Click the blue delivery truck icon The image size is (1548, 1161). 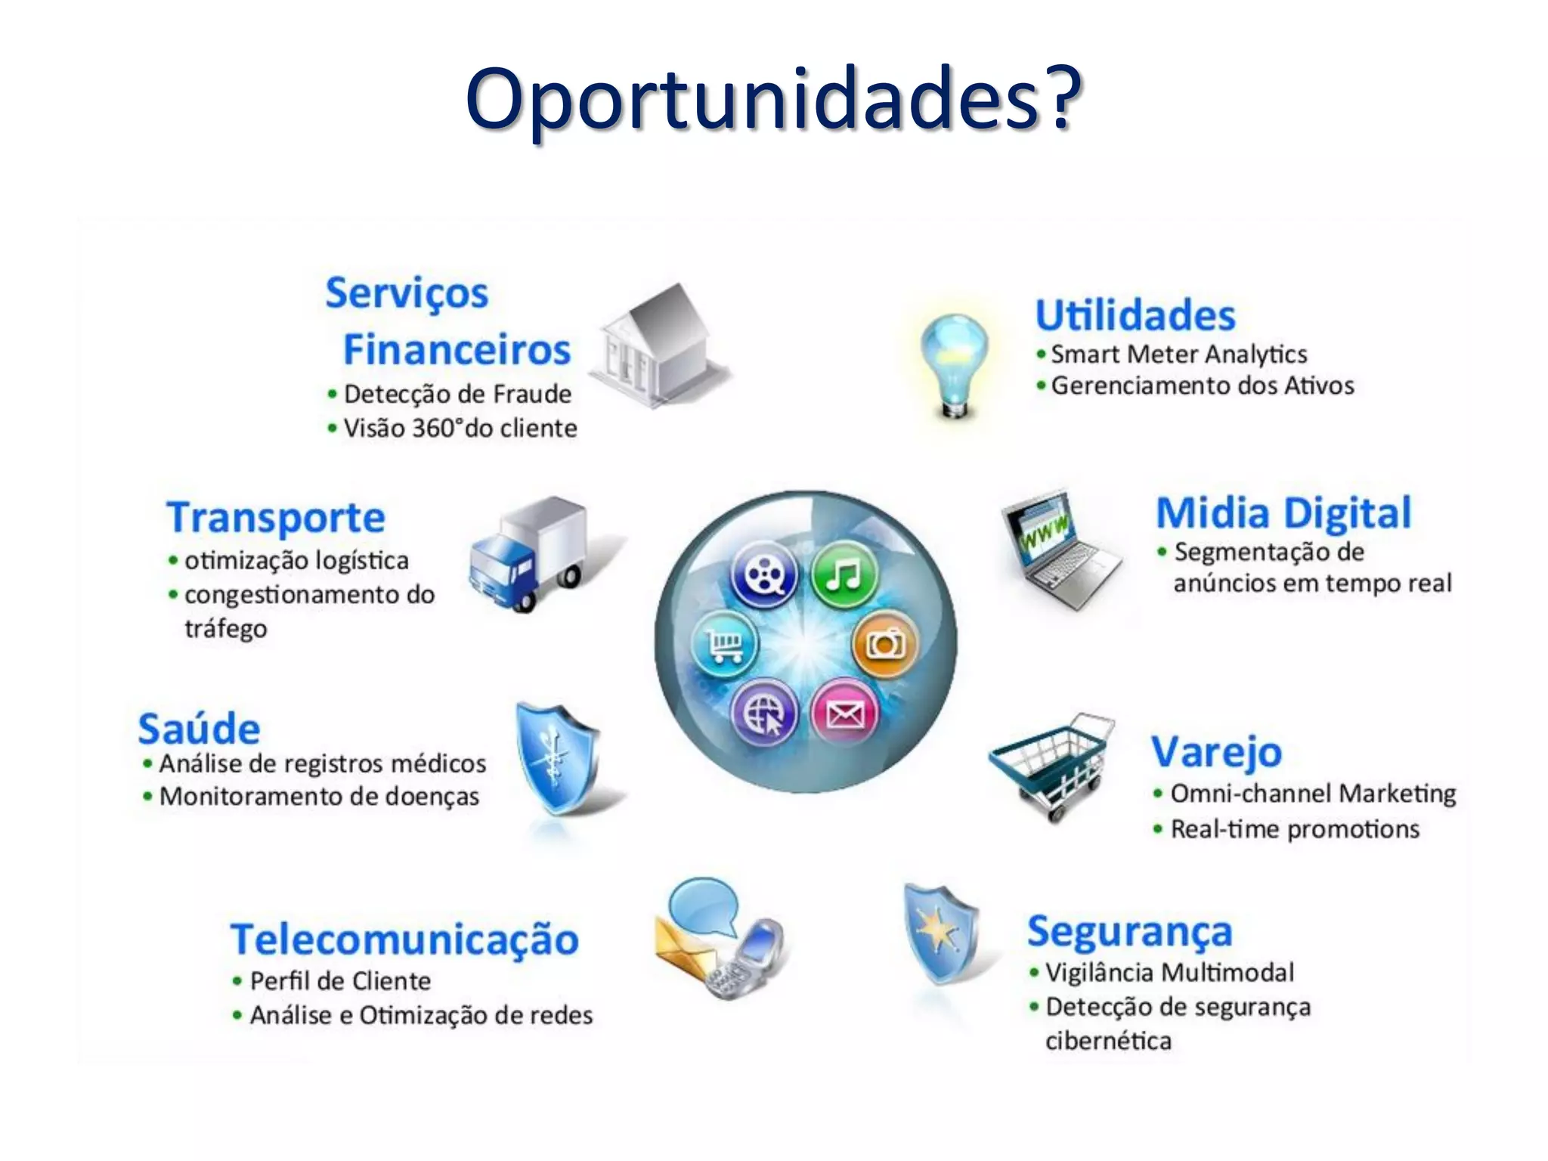click(x=529, y=552)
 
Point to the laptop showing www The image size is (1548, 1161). click(x=1058, y=548)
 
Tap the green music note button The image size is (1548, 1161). click(x=844, y=576)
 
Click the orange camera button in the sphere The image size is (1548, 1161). click(x=884, y=644)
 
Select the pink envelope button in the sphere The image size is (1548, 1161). click(x=844, y=713)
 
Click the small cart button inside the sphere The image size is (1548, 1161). click(x=725, y=644)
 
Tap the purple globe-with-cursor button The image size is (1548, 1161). click(x=764, y=713)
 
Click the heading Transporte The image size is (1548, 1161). click(x=276, y=518)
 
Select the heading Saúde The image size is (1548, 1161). click(x=199, y=729)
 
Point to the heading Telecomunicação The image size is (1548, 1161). click(x=404, y=940)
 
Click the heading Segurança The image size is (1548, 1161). click(x=1129, y=931)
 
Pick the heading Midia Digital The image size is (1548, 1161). click(x=1283, y=513)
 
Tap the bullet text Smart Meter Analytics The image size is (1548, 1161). click(x=1178, y=354)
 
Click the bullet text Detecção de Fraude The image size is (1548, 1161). click(x=457, y=394)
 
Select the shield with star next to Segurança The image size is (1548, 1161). click(x=940, y=933)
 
